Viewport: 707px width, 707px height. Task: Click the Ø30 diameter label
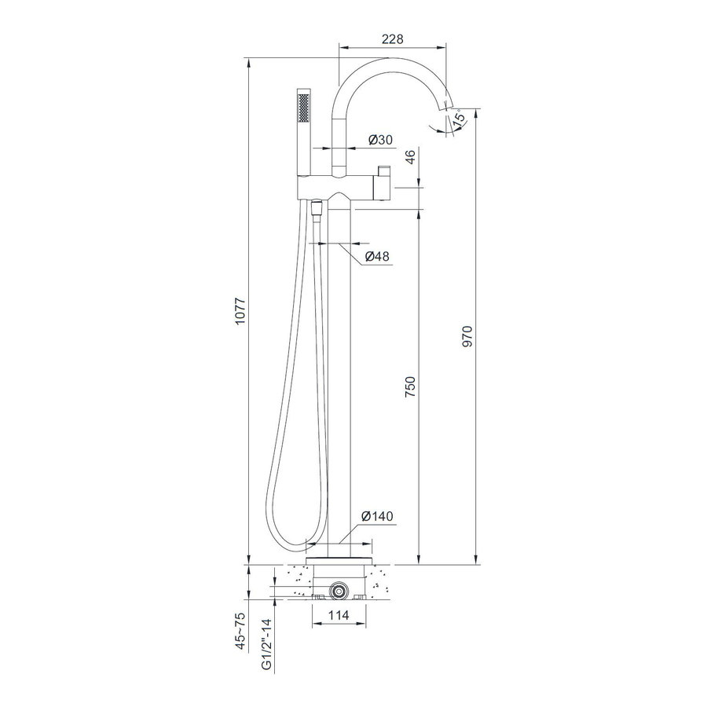pyautogui.click(x=380, y=140)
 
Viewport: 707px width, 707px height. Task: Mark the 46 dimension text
pyautogui.click(x=408, y=158)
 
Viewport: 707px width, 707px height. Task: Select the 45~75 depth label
pyautogui.click(x=241, y=628)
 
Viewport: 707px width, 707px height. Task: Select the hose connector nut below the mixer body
pyautogui.click(x=317, y=209)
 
